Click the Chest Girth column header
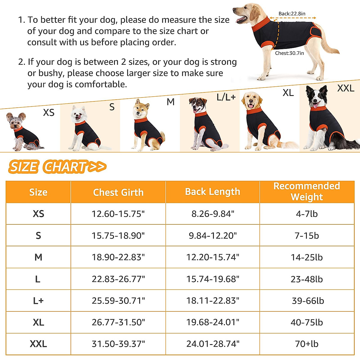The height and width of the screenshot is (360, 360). (118, 192)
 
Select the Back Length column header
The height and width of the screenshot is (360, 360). (212, 192)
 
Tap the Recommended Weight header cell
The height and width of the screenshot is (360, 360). (307, 191)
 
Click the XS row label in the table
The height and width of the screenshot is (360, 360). (38, 214)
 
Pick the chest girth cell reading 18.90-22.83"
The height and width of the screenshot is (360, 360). (118, 257)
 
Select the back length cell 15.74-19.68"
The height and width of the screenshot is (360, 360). (212, 279)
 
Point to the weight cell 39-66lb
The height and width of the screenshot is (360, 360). (308, 301)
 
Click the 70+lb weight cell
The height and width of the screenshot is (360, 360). (307, 344)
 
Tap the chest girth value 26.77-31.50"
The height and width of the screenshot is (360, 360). (118, 322)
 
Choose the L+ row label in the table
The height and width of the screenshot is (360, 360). (38, 301)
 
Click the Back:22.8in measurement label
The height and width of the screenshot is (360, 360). (292, 13)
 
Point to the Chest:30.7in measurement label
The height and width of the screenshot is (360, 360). (289, 53)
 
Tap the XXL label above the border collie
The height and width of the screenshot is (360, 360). (346, 88)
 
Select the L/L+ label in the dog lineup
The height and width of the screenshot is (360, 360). (226, 97)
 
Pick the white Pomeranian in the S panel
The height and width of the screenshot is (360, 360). (84, 127)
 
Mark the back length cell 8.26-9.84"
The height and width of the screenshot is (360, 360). (212, 214)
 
